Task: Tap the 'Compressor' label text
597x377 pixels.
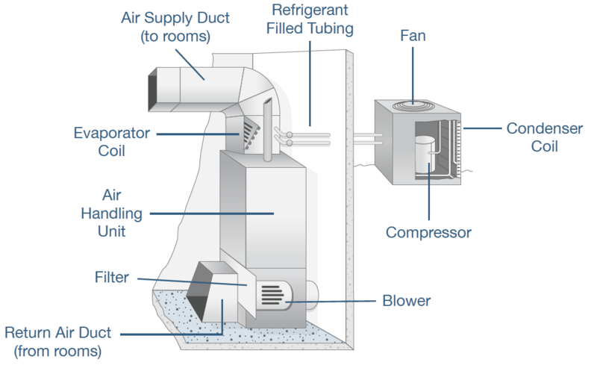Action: (x=428, y=233)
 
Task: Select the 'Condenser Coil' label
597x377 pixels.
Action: (x=544, y=137)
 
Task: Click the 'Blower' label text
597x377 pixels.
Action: (x=406, y=301)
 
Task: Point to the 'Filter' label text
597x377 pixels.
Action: (x=112, y=278)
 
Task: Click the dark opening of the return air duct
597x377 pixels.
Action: (x=200, y=291)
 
